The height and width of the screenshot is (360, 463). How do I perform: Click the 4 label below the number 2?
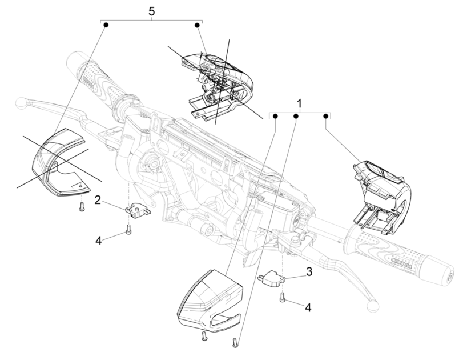[98, 240]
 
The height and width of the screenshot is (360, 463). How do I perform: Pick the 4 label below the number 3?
[308, 307]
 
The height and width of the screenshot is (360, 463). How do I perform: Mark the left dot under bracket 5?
[106, 25]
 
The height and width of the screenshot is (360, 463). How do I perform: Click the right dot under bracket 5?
[198, 25]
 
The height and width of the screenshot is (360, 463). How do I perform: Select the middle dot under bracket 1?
[296, 116]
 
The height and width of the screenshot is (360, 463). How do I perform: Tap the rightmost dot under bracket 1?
[326, 116]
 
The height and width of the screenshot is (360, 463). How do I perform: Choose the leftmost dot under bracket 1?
[276, 116]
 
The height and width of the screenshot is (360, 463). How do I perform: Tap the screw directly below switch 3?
[282, 297]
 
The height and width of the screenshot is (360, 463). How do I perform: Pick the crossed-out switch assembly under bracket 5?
[220, 80]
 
